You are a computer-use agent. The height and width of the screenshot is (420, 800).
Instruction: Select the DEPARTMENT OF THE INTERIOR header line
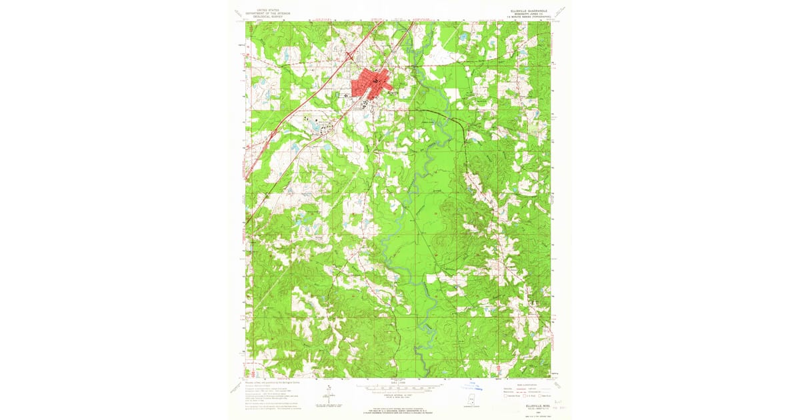[x=265, y=13]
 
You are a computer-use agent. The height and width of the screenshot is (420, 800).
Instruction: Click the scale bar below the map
[x=398, y=385]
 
